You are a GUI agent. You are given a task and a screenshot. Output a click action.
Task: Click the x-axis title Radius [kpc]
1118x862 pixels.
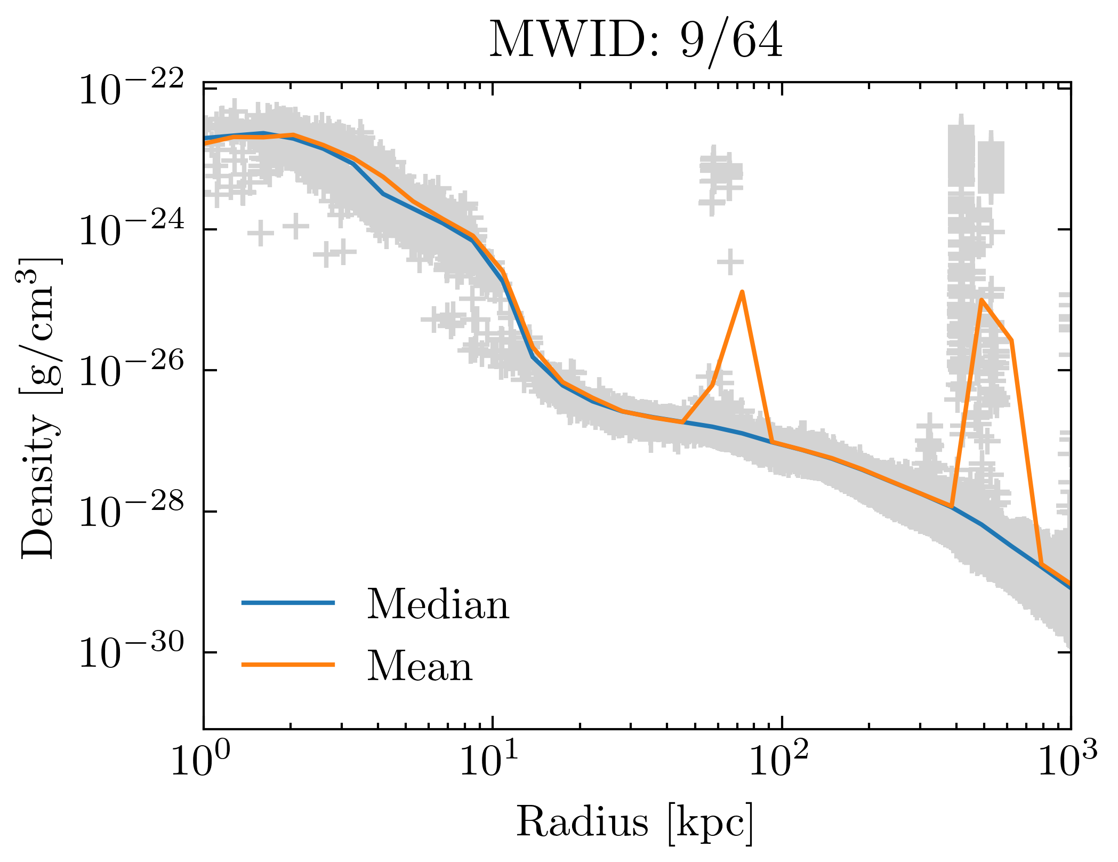pyautogui.click(x=634, y=822)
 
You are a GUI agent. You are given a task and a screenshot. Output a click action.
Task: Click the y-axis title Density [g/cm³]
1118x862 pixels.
pyautogui.click(x=40, y=408)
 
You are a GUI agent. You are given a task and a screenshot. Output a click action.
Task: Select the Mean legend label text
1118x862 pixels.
pyautogui.click(x=420, y=666)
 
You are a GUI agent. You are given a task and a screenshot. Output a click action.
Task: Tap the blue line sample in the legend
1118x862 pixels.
pyautogui.click(x=288, y=603)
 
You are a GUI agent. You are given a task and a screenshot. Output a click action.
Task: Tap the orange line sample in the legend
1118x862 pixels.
pyautogui.click(x=288, y=665)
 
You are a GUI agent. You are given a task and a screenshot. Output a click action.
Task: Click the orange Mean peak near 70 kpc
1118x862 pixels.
pyautogui.click(x=742, y=292)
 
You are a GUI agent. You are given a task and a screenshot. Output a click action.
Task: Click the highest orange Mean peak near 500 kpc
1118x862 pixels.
pyautogui.click(x=982, y=300)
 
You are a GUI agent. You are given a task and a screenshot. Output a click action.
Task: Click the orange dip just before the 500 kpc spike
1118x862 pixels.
pyautogui.click(x=952, y=506)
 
